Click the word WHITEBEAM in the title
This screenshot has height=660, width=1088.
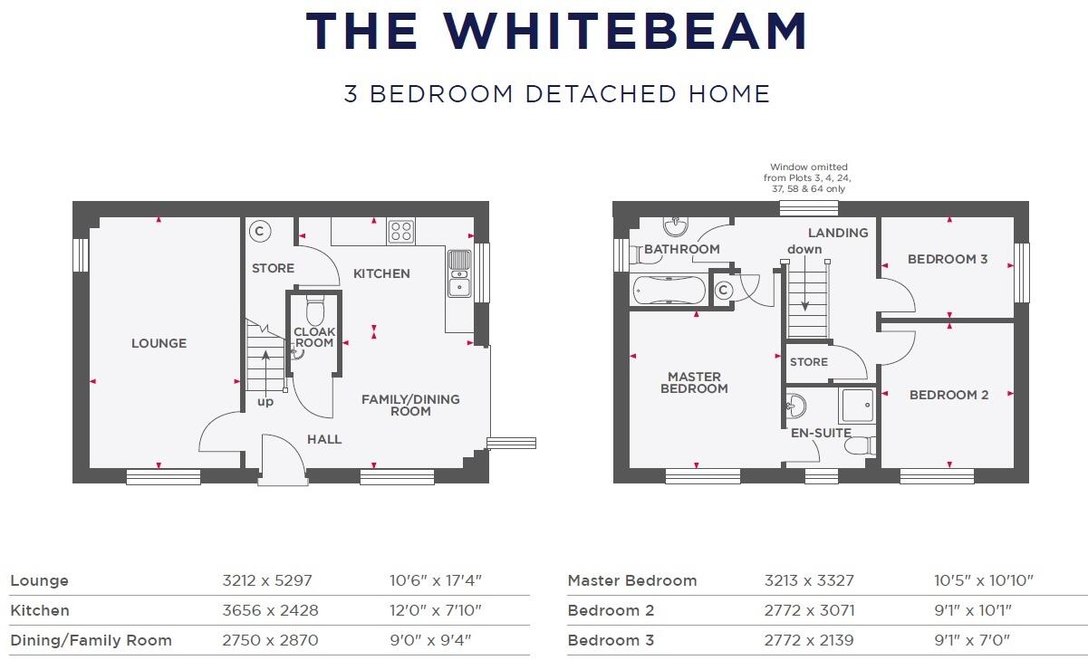pos(625,32)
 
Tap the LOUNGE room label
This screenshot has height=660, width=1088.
pos(159,343)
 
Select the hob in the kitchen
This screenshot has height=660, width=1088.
pos(400,232)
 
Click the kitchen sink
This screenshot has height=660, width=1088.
pos(459,273)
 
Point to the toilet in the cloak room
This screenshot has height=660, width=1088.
pos(315,311)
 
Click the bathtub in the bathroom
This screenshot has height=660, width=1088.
pos(669,290)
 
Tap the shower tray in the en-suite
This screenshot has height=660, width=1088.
pos(855,406)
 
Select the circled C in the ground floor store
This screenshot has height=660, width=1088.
pos(259,231)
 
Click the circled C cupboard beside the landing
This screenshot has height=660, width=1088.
pos(723,291)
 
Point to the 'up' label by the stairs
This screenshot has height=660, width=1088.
pos(265,401)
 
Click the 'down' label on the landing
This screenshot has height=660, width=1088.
pos(804,249)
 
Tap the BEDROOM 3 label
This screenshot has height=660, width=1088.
pos(948,260)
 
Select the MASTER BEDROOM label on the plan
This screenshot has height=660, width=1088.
pos(695,382)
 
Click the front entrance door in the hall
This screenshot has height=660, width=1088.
pos(283,459)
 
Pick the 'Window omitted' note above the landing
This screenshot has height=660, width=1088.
pos(808,178)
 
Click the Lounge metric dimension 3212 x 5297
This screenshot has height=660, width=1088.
pos(267,581)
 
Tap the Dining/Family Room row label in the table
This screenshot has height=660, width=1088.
pos(91,641)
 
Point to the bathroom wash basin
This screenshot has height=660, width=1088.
pos(676,226)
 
